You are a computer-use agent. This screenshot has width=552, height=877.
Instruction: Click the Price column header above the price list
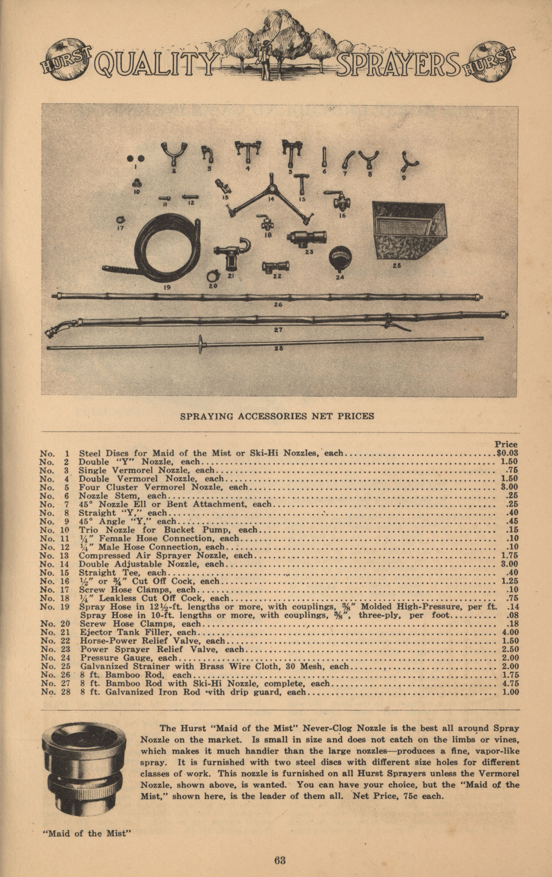pyautogui.click(x=506, y=444)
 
